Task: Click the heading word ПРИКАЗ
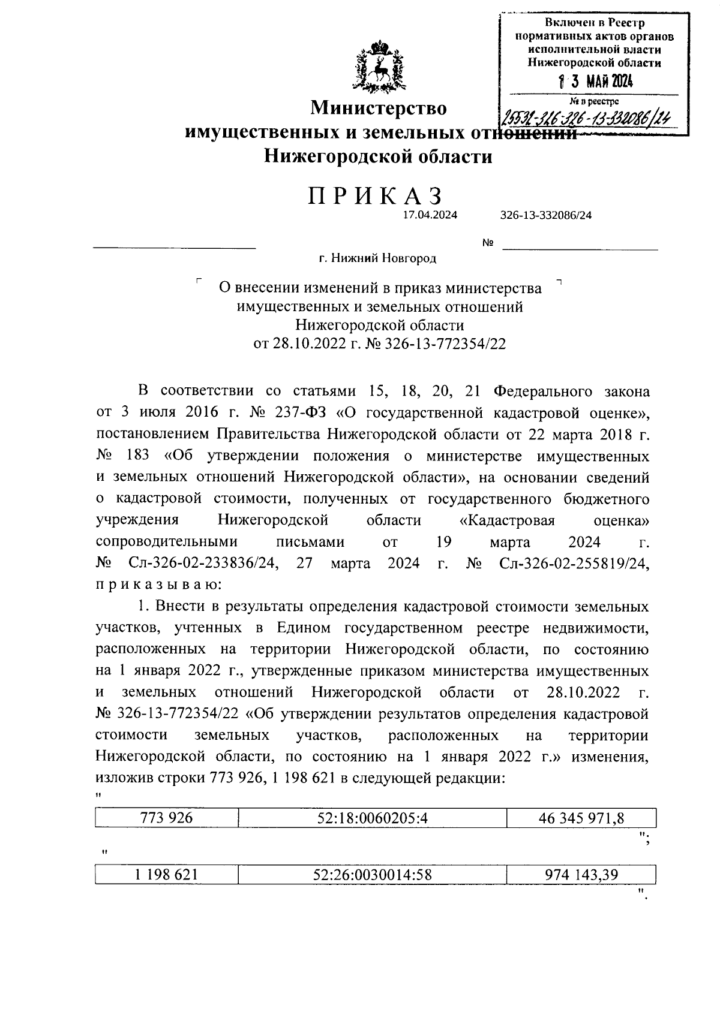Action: point(376,197)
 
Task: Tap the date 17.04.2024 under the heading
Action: point(430,215)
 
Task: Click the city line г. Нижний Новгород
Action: point(377,258)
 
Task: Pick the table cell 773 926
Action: point(166,817)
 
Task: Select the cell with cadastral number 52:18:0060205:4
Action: point(371,817)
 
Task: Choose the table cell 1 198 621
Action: point(166,875)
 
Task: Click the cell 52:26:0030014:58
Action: point(371,875)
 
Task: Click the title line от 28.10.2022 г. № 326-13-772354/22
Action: point(379,344)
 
